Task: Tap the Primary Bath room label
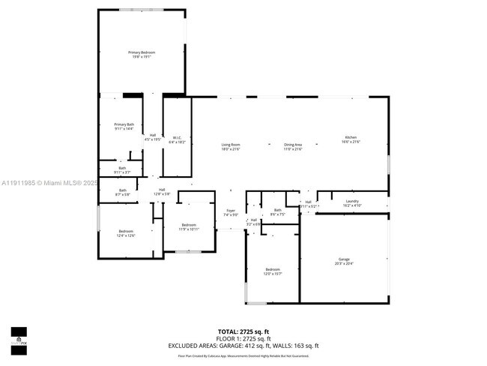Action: coord(124,126)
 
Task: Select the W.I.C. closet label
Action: coord(178,139)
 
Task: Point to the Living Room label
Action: coord(230,146)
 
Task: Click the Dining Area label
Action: coord(292,146)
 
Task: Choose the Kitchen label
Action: coord(351,139)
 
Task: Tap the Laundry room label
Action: coord(352,202)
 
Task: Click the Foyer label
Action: coord(231,212)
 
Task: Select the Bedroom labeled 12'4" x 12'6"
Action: coord(126,232)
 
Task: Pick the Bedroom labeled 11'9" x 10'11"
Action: coord(188,227)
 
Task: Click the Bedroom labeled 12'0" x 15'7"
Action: coord(273,271)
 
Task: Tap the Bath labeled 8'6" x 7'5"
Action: coord(277,211)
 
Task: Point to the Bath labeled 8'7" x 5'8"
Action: coord(122,192)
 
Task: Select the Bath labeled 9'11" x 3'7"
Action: coord(122,170)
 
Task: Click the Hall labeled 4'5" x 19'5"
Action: coord(153,136)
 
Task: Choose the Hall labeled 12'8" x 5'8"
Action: coord(162,191)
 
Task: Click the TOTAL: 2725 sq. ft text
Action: coord(243,331)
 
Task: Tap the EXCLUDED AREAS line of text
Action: coord(243,345)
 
